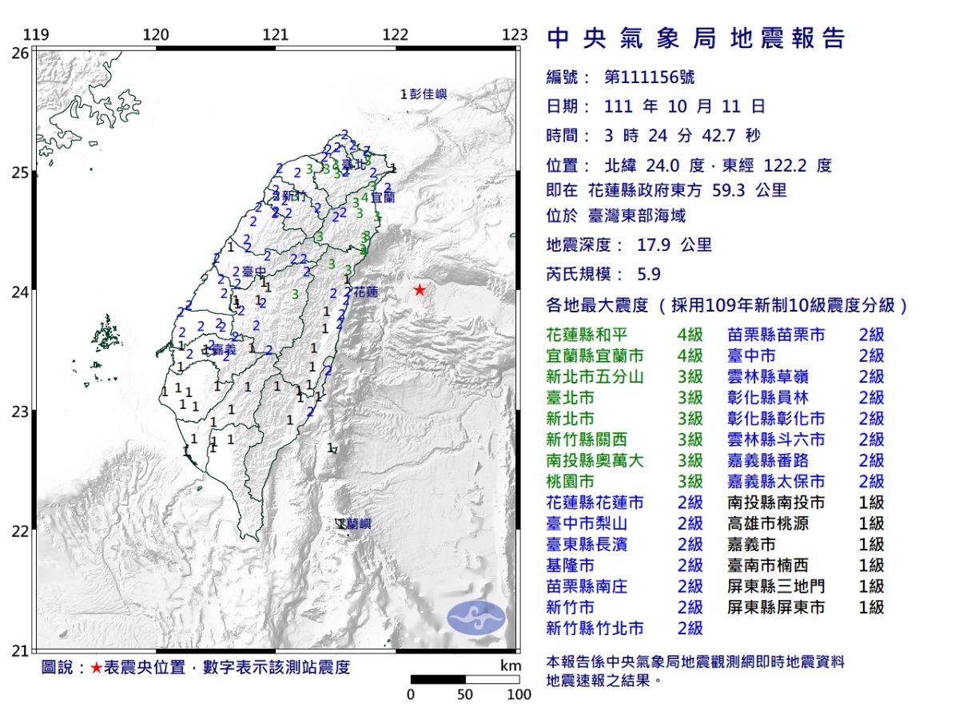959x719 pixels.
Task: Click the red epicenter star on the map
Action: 420,290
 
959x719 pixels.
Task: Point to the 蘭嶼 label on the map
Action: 356,524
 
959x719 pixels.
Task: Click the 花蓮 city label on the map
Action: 365,292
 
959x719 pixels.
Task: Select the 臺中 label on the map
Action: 253,272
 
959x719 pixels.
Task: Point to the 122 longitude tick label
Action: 395,35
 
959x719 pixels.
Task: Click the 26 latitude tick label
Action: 20,53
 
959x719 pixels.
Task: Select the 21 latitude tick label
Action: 20,650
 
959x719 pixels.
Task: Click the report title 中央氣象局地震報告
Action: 695,38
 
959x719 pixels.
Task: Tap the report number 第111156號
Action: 650,77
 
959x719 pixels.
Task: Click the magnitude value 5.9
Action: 649,274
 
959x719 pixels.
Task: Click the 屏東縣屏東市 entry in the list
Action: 776,607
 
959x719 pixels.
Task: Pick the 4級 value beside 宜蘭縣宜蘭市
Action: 690,356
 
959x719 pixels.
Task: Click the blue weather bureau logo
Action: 476,617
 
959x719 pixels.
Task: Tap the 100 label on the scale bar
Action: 519,695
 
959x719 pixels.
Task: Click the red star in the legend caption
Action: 96,668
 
